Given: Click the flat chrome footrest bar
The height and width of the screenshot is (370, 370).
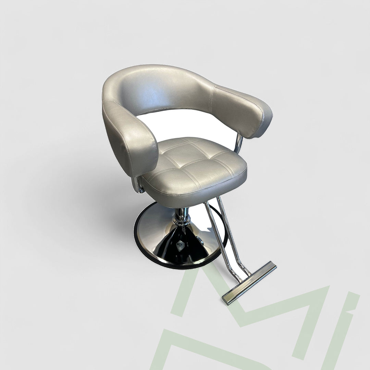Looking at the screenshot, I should [249, 282].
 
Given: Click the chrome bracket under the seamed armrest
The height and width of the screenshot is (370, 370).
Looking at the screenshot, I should [240, 144].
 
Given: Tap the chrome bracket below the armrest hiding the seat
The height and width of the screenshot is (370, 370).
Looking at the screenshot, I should [139, 187].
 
